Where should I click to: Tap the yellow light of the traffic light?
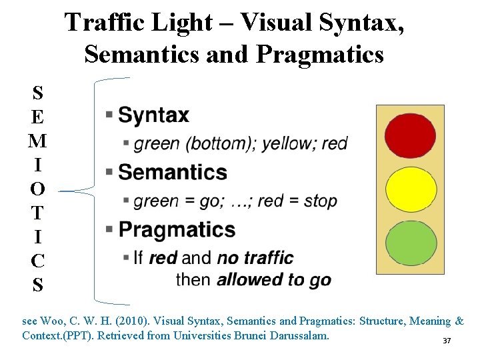pos(410,189)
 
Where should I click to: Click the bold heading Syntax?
pos(154,115)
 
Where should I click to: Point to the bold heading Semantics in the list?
pos(173,173)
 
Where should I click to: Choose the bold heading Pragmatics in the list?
pos(177,230)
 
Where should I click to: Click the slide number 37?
pos(446,341)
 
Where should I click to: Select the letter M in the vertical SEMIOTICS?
pos(38,141)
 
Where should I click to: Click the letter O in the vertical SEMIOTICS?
pos(38,189)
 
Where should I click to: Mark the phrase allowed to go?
pos(273,279)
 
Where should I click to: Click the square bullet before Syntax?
pos(109,115)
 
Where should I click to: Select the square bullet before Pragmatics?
pos(109,229)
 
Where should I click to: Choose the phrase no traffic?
pos(255,257)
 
